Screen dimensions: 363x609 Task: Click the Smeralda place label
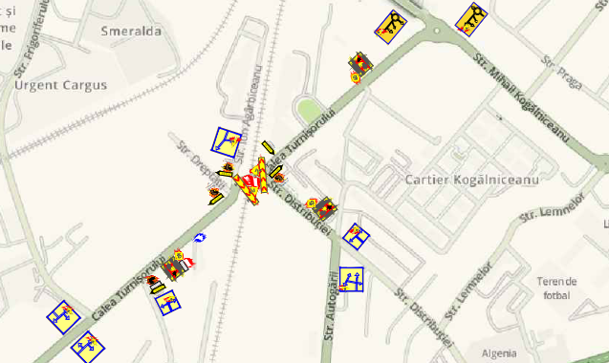133,31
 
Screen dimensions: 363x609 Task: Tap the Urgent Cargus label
61,85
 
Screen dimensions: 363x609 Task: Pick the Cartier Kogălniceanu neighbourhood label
472,180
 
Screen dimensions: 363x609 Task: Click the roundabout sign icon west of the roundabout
390,26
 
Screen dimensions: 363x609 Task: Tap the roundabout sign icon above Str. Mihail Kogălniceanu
471,18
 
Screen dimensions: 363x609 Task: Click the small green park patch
308,110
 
